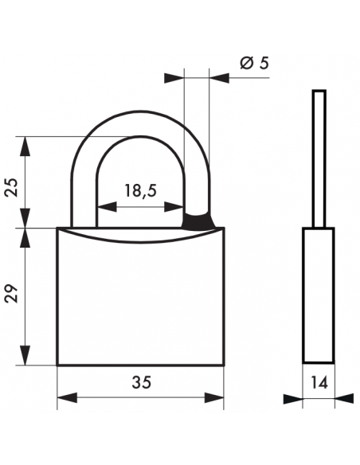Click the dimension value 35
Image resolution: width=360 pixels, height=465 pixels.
click(x=139, y=382)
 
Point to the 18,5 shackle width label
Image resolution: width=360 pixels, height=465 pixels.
click(x=139, y=190)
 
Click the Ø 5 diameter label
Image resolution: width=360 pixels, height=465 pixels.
click(x=252, y=64)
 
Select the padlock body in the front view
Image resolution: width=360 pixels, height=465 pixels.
click(x=140, y=303)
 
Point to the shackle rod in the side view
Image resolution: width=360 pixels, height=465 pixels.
click(x=319, y=159)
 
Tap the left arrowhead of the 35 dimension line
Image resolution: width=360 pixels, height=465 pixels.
click(x=64, y=397)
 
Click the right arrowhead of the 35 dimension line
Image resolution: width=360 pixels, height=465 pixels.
click(x=217, y=397)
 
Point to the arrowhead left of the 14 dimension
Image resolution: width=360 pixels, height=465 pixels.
click(x=296, y=397)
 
